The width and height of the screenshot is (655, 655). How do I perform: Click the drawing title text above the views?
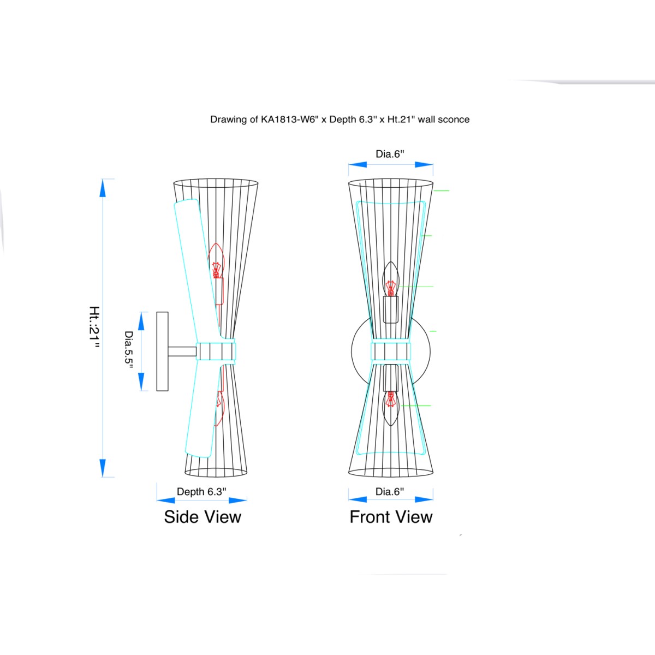[340, 120]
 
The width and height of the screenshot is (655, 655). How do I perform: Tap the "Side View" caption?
[203, 517]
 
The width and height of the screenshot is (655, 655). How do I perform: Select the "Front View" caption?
[391, 517]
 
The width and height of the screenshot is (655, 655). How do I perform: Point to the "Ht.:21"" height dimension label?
[94, 327]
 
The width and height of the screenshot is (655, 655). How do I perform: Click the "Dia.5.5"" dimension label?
[128, 352]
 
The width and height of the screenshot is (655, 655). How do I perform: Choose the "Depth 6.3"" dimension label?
[201, 491]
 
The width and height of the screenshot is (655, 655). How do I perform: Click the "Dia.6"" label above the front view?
[390, 154]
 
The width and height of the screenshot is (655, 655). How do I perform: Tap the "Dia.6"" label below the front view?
[390, 491]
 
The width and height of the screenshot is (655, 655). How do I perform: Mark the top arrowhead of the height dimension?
[103, 188]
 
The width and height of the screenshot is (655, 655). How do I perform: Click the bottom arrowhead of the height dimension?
[103, 468]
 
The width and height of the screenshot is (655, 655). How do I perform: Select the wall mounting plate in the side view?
[162, 352]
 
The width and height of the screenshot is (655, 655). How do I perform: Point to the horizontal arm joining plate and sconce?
[182, 352]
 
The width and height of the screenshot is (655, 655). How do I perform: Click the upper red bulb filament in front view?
[391, 288]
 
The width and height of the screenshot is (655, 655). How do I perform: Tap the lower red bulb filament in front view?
[391, 399]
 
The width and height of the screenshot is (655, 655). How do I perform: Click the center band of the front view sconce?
[391, 352]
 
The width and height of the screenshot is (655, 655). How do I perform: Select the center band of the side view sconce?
[216, 352]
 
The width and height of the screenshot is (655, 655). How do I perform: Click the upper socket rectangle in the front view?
[391, 309]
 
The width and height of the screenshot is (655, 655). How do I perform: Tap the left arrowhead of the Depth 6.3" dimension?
[166, 501]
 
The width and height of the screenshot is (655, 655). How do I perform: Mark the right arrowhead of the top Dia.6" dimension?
[424, 164]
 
